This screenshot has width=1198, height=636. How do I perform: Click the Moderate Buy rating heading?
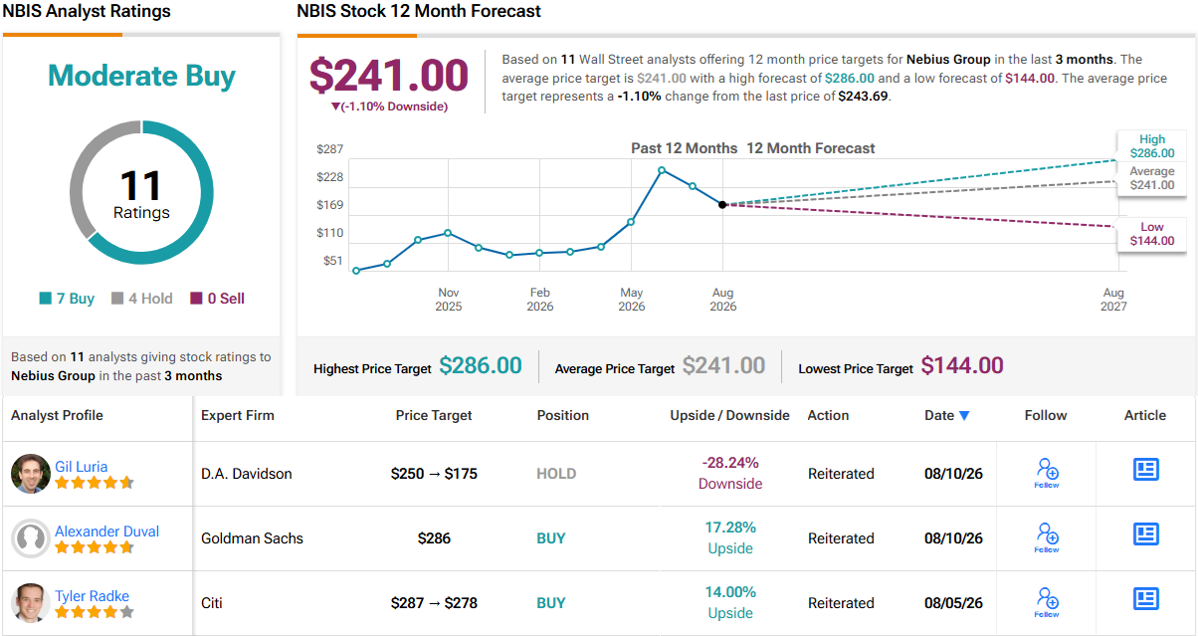click(141, 76)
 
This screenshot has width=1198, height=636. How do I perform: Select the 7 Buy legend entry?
click(67, 298)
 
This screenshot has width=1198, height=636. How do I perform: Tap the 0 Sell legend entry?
click(217, 298)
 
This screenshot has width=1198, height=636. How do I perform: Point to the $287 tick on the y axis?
click(329, 148)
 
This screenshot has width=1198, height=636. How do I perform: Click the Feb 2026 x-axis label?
click(539, 300)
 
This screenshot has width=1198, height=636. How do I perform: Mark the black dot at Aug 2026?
click(722, 204)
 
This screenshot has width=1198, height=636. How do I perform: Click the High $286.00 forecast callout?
click(1151, 146)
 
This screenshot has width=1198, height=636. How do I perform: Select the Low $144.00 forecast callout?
click(1151, 234)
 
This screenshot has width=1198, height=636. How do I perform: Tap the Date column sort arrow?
click(964, 416)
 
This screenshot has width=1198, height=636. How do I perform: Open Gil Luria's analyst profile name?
click(82, 467)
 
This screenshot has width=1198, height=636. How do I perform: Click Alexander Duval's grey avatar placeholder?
click(31, 538)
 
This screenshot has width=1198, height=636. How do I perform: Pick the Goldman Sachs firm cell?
click(252, 538)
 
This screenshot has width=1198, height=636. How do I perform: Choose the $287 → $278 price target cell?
click(434, 603)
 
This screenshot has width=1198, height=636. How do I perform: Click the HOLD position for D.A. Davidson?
click(556, 474)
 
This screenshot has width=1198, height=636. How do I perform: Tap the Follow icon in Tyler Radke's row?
click(1047, 602)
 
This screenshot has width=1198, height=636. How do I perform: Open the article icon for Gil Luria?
click(1145, 470)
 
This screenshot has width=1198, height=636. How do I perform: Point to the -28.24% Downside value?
click(730, 473)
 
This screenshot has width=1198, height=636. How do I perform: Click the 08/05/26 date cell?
click(953, 603)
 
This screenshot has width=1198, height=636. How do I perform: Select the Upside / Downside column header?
click(729, 416)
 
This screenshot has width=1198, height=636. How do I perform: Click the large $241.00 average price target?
click(389, 76)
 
